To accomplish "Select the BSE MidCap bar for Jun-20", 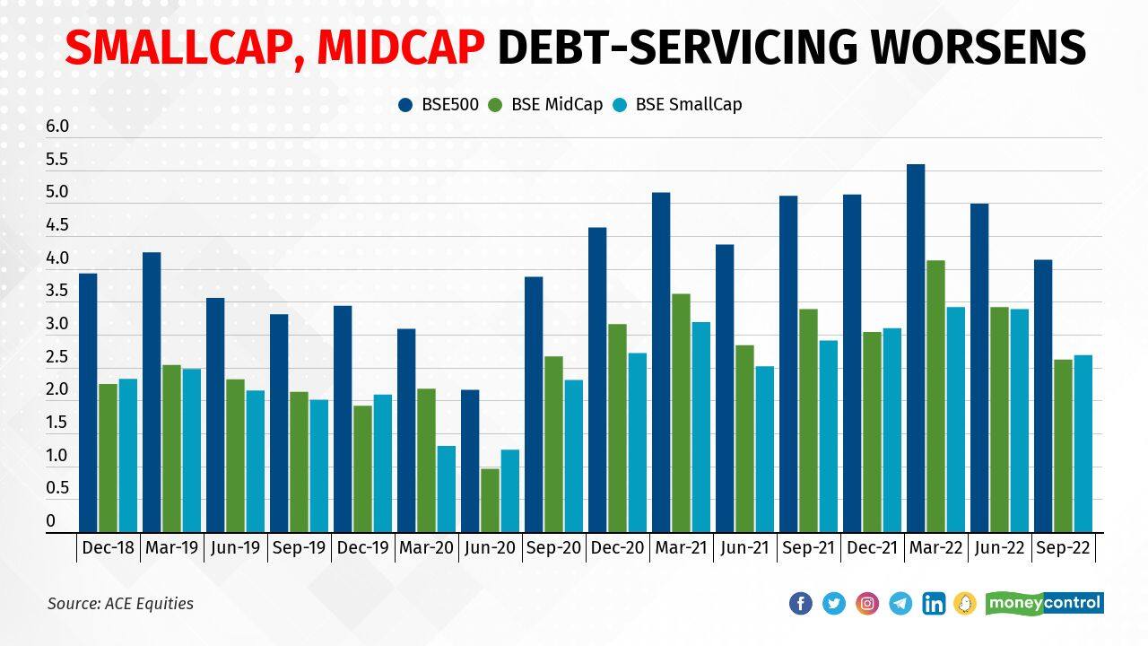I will (490, 500).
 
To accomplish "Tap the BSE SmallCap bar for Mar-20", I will (446, 489).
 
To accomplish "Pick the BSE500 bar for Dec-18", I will (88, 403).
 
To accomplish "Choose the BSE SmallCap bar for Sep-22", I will (1083, 443).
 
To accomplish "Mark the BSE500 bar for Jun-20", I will (470, 461).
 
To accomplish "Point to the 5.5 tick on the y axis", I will (57, 160).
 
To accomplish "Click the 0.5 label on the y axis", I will (57, 488).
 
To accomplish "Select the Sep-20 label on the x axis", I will (553, 548).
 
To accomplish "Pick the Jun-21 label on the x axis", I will (744, 548).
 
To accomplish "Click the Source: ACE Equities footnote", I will (120, 603).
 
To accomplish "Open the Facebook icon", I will (801, 603).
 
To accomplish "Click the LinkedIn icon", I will (934, 603).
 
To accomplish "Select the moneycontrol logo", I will (1045, 603).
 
